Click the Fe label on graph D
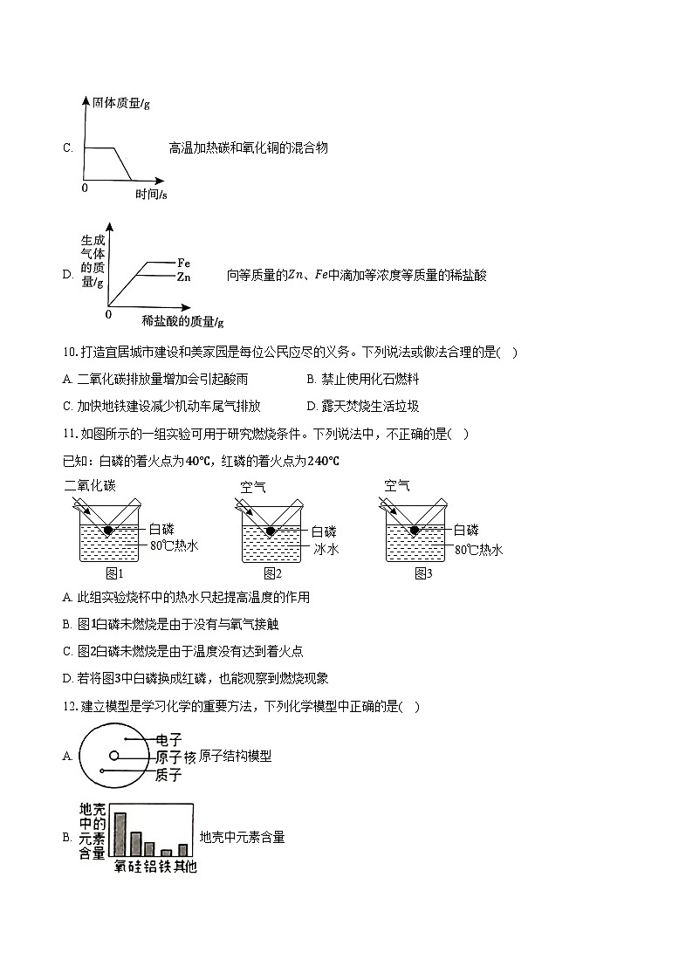(x=183, y=262)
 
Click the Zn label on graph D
(x=183, y=277)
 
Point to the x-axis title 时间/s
(x=152, y=194)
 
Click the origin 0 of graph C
(x=85, y=188)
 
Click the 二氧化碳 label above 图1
(x=90, y=486)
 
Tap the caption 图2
(x=272, y=573)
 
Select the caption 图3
(x=423, y=573)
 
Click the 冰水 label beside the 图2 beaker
(x=326, y=549)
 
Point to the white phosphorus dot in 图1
(x=108, y=530)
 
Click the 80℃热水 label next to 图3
(x=478, y=549)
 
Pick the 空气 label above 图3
(x=397, y=486)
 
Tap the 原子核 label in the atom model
(x=175, y=757)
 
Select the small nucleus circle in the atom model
(x=113, y=756)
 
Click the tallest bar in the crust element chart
(x=120, y=834)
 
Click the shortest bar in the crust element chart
(x=166, y=853)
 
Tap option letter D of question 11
(x=67, y=678)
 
